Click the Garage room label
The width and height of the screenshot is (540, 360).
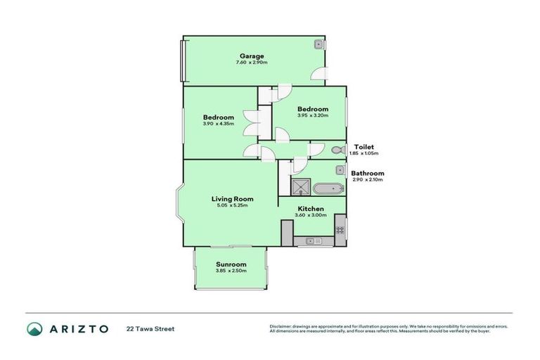(x=251, y=56)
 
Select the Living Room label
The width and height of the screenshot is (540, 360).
(x=233, y=199)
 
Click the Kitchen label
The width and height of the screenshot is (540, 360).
(x=310, y=209)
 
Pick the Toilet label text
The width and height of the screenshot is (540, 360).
(x=364, y=146)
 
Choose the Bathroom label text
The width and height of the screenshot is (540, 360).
(x=368, y=173)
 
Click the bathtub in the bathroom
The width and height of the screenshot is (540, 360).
(x=328, y=188)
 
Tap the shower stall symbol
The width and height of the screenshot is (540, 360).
(x=301, y=187)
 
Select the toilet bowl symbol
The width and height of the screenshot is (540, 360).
(x=336, y=150)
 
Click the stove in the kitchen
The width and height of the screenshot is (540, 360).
(x=340, y=228)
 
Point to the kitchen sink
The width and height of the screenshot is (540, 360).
(x=313, y=242)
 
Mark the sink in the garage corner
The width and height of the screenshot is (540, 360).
(x=319, y=44)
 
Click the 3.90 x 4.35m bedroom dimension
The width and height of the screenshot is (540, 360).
(x=218, y=124)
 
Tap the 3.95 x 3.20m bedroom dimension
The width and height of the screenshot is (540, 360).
(x=313, y=116)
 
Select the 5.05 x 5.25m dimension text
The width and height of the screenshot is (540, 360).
(x=233, y=206)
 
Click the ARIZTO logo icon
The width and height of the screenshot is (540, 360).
(x=34, y=328)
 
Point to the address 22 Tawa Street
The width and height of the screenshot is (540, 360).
(x=150, y=328)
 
